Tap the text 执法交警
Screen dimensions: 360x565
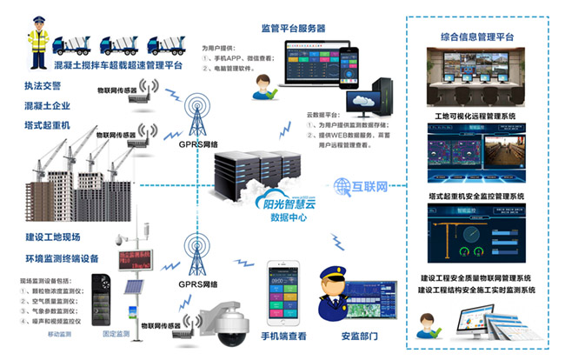pyautogui.click(x=44, y=88)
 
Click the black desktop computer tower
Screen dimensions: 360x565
pyautogui.click(x=385, y=98)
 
